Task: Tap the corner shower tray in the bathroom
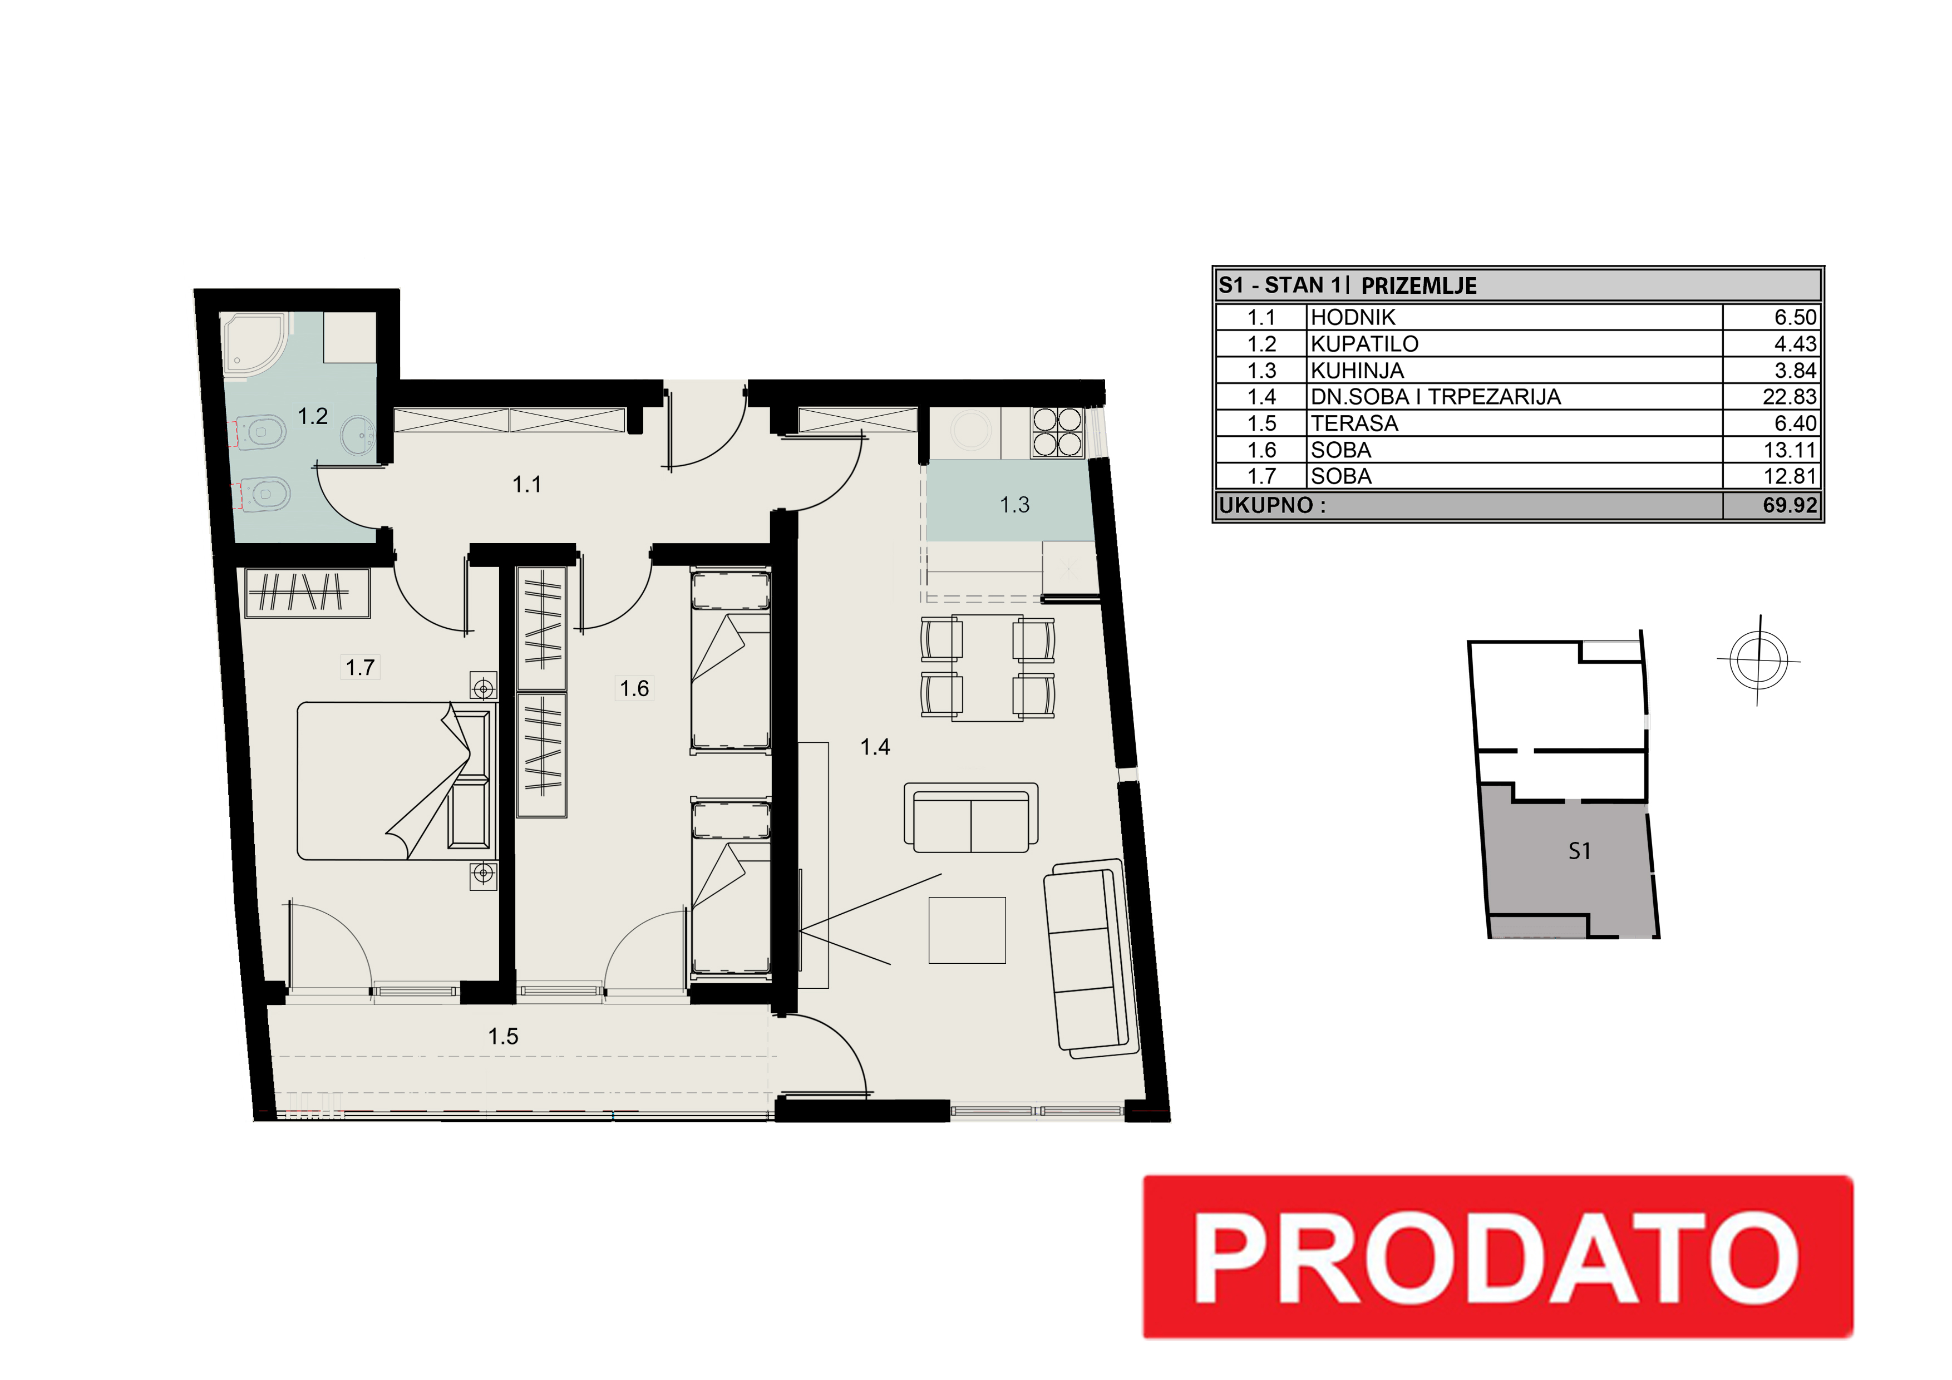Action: (255, 343)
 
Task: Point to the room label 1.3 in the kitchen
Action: (1014, 505)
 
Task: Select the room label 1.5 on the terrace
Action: (504, 1037)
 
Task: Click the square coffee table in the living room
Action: (967, 930)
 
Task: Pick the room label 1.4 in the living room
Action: (875, 747)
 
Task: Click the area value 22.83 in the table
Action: (1790, 397)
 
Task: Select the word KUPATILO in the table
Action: (1364, 344)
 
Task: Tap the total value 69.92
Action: (1790, 505)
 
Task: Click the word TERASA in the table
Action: (1354, 423)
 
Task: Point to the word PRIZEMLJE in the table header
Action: (1419, 285)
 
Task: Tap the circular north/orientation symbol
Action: (1758, 660)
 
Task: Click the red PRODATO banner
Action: (1497, 1256)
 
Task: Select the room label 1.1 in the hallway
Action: (527, 485)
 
